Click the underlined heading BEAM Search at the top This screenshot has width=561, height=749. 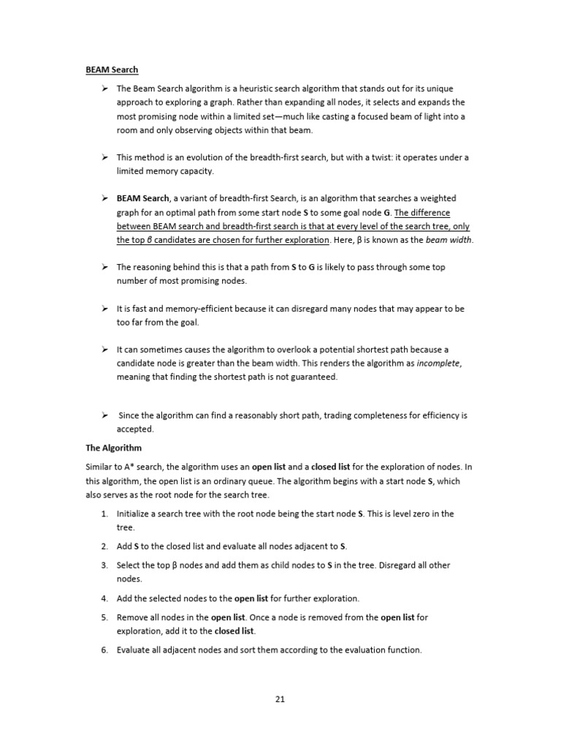pos(112,70)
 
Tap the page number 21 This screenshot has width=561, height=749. pos(280,699)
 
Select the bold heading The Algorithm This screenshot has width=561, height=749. pos(113,448)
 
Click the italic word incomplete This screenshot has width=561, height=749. pos(439,363)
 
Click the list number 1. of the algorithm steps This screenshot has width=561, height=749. pos(105,513)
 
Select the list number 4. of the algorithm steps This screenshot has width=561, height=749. pos(105,598)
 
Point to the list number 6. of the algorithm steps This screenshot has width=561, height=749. pos(105,650)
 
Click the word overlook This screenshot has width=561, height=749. pos(291,349)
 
